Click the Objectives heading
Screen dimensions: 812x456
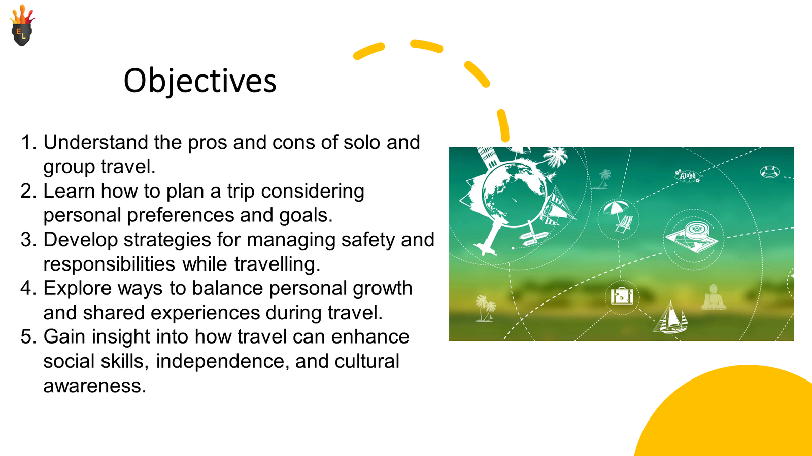click(200, 81)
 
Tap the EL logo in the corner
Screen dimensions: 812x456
click(22, 25)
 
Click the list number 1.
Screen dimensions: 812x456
click(28, 142)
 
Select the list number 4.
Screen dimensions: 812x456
click(28, 288)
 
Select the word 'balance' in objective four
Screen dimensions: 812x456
click(227, 288)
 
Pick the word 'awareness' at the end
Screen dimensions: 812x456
click(94, 386)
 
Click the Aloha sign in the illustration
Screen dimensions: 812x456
click(688, 176)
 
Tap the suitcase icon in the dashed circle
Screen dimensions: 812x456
click(622, 296)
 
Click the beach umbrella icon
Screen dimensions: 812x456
click(618, 216)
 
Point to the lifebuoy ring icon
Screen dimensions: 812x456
click(769, 172)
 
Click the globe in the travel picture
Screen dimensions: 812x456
click(514, 195)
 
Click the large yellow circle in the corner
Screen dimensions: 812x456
click(736, 416)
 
